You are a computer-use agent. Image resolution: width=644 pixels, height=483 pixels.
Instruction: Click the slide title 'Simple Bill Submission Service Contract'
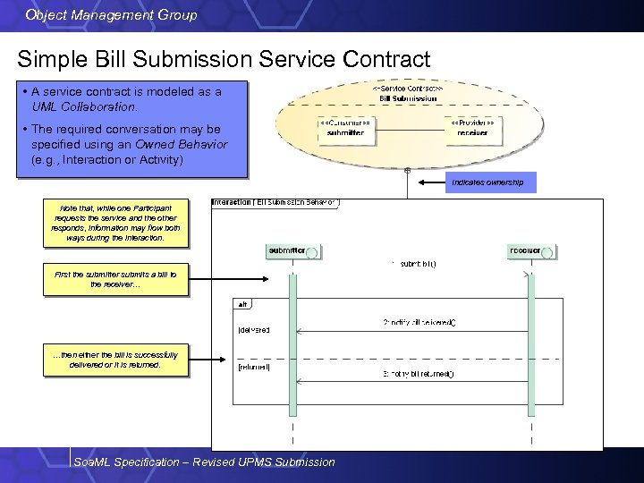pyautogui.click(x=224, y=60)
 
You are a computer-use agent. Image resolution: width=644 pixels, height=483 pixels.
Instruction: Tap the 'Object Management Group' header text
pyautogui.click(x=112, y=15)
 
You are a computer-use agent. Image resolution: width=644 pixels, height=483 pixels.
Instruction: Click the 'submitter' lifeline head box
pyautogui.click(x=293, y=251)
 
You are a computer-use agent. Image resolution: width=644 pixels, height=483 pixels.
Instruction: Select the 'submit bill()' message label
pyautogui.click(x=413, y=264)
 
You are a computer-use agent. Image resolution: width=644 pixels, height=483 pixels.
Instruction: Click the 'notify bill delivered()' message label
pyautogui.click(x=419, y=321)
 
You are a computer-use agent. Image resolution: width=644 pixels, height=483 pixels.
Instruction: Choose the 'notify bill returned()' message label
pyautogui.click(x=418, y=373)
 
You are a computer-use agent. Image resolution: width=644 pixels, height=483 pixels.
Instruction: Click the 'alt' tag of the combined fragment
pyautogui.click(x=243, y=304)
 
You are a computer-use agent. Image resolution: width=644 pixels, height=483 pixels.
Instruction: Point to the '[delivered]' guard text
pyautogui.click(x=254, y=330)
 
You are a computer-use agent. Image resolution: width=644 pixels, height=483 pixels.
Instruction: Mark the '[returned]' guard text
pyautogui.click(x=254, y=367)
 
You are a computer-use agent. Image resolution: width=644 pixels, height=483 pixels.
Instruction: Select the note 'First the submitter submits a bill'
pyautogui.click(x=115, y=279)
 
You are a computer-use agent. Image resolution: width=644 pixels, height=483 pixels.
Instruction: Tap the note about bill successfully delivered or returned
pyautogui.click(x=115, y=360)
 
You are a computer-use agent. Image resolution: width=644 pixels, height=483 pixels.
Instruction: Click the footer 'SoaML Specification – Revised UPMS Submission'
pyautogui.click(x=205, y=462)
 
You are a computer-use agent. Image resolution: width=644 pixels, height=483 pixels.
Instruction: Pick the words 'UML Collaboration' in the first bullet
pyautogui.click(x=84, y=106)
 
